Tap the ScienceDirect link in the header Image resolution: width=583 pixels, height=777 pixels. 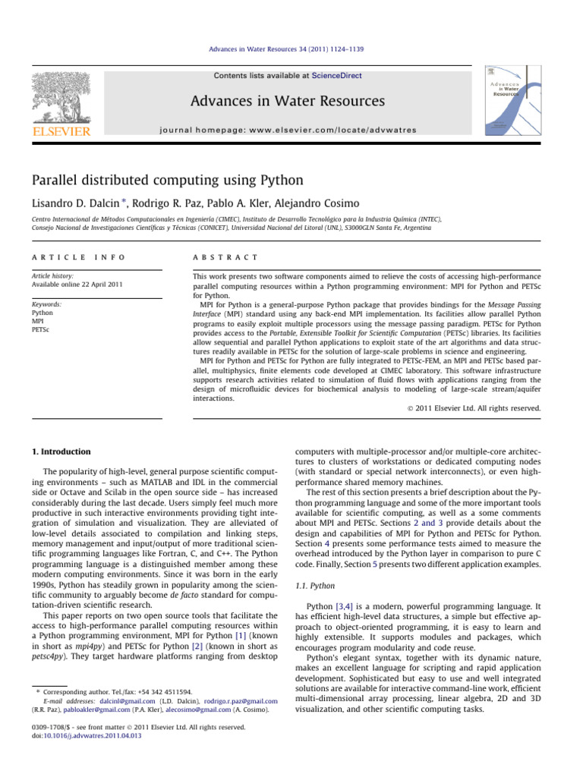340,76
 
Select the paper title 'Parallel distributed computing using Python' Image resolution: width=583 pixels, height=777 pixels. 168,181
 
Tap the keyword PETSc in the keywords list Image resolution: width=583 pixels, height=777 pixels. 41,329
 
